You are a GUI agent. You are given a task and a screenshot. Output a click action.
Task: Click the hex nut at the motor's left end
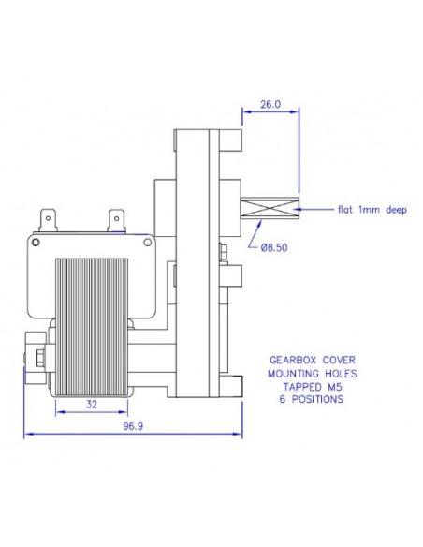[x=38, y=357]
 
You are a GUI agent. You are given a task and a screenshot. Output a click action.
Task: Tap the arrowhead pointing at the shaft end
[x=305, y=211]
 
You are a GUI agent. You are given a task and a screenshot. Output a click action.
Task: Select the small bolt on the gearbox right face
[x=225, y=252]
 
